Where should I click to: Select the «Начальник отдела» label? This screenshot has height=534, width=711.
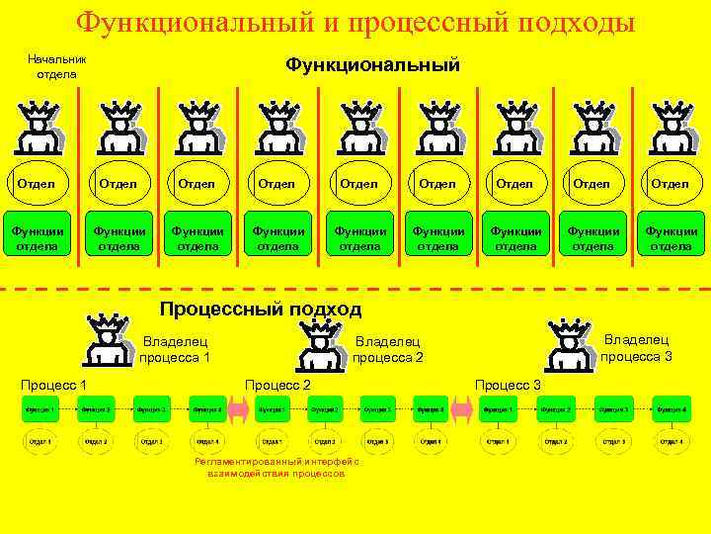(57, 66)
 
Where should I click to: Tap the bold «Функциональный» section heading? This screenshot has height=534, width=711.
(372, 65)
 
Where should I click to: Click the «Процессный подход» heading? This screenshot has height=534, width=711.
(261, 310)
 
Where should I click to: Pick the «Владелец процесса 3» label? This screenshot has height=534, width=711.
(637, 347)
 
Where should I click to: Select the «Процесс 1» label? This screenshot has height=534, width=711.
(54, 384)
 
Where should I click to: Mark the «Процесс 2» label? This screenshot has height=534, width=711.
(277, 384)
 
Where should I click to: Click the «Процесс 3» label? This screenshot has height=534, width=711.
(508, 384)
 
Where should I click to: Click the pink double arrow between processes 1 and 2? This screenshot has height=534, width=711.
(238, 409)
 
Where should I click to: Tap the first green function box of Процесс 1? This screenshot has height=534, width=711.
(40, 409)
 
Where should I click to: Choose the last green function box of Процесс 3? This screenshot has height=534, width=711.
(671, 409)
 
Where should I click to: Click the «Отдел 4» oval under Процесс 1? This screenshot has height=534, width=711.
(207, 441)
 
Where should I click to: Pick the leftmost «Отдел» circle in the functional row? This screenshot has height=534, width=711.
(37, 184)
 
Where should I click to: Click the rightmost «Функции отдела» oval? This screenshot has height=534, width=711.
(671, 238)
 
